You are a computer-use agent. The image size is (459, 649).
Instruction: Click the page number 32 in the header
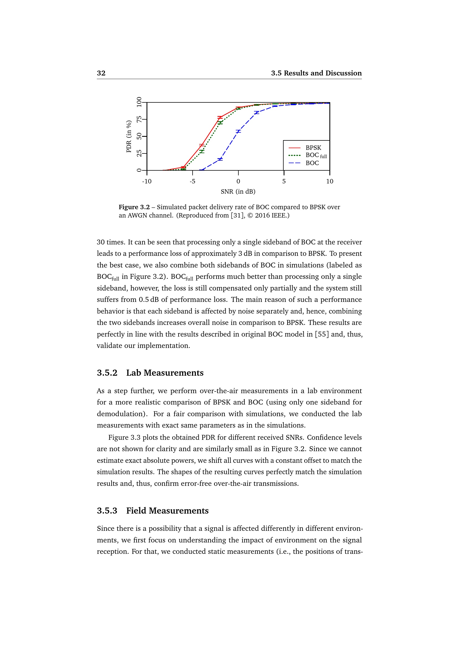(x=101, y=73)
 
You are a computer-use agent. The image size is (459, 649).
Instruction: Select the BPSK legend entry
(x=313, y=148)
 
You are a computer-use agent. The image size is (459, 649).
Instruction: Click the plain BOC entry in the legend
(x=312, y=163)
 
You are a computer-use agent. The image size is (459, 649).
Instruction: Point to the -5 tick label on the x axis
(x=193, y=181)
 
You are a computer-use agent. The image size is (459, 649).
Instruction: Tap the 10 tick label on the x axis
(x=330, y=181)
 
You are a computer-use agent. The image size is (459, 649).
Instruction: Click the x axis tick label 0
(x=238, y=181)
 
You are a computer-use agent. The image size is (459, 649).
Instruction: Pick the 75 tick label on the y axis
(x=139, y=119)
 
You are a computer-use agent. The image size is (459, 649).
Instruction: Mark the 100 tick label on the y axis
(x=139, y=102)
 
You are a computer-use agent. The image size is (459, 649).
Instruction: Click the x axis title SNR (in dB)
(x=238, y=192)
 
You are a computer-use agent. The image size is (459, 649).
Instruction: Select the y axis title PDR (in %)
(x=129, y=137)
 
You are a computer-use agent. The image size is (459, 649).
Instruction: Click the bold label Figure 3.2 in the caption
(x=134, y=207)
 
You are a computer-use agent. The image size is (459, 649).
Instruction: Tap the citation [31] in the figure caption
(x=237, y=216)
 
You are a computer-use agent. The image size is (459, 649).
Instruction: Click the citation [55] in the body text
(x=322, y=334)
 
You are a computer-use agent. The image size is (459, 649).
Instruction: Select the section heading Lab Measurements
(x=165, y=373)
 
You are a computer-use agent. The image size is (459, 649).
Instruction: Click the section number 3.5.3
(x=107, y=511)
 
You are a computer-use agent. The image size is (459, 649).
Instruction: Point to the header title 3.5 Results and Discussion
(x=316, y=73)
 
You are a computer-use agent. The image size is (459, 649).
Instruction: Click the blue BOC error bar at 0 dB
(x=238, y=132)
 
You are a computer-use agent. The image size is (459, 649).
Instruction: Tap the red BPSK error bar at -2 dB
(x=220, y=117)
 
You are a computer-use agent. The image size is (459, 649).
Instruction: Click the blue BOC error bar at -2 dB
(x=220, y=159)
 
